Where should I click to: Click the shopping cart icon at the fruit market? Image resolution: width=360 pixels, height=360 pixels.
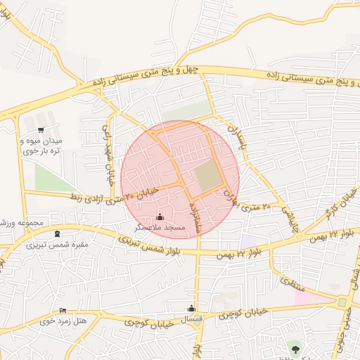(41, 129)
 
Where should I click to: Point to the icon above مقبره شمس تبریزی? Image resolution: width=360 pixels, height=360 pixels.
(57, 234)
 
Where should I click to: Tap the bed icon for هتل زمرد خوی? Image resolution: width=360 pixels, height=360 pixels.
(64, 310)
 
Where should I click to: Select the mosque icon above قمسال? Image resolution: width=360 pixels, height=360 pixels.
(191, 308)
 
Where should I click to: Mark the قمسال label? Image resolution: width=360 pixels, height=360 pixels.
(192, 319)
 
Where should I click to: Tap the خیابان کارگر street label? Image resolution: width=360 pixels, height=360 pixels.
(333, 208)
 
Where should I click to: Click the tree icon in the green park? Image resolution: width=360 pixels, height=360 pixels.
(295, 347)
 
